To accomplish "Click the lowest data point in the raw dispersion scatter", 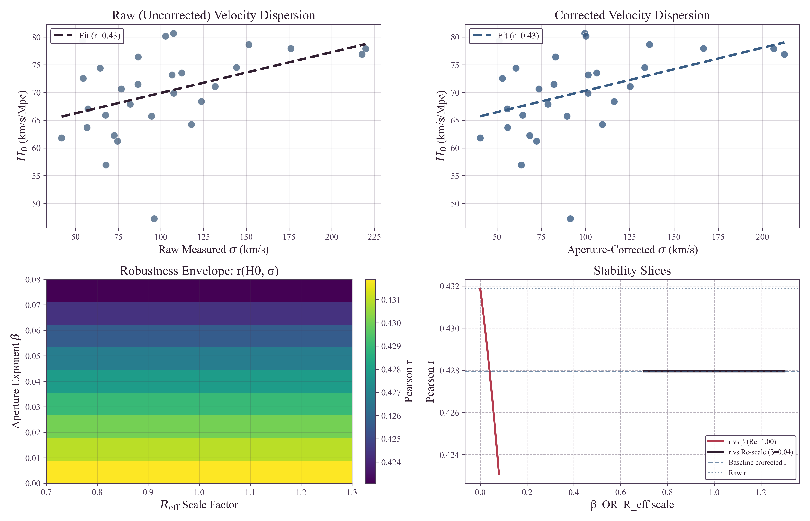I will (154, 219).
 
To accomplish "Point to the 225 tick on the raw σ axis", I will (374, 237).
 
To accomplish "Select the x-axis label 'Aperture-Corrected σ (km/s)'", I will (632, 250).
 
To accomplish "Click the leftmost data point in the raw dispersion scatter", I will (62, 138).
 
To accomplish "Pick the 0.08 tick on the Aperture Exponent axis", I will (33, 280).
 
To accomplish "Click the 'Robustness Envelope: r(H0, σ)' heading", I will (199, 271).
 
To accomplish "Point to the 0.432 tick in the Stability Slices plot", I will (449, 286).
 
